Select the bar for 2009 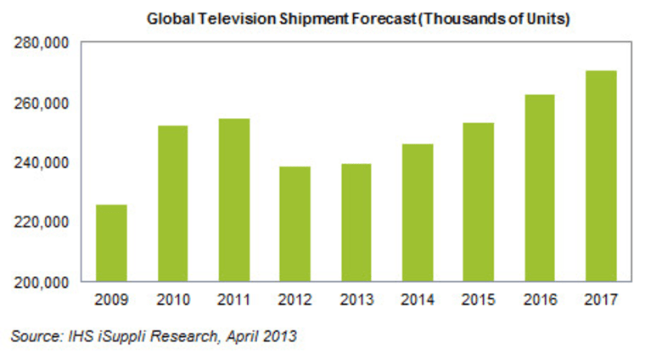(x=111, y=243)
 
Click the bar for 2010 (x=172, y=203)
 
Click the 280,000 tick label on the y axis (x=42, y=42)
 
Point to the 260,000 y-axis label (x=42, y=102)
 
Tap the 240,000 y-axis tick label (x=42, y=161)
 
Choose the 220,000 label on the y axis (x=42, y=222)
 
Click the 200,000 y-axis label (x=42, y=281)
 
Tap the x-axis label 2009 (x=111, y=299)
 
